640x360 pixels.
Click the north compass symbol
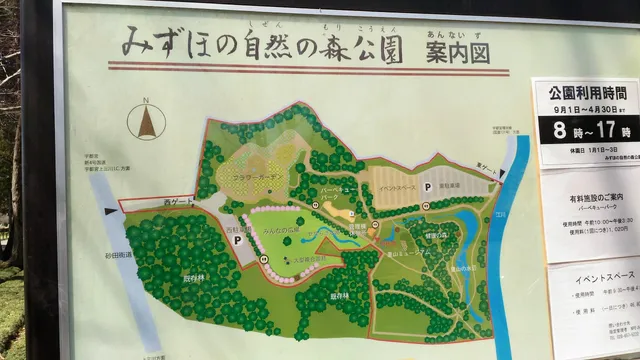pos(147,121)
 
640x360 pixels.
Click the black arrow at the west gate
pos(111,210)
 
